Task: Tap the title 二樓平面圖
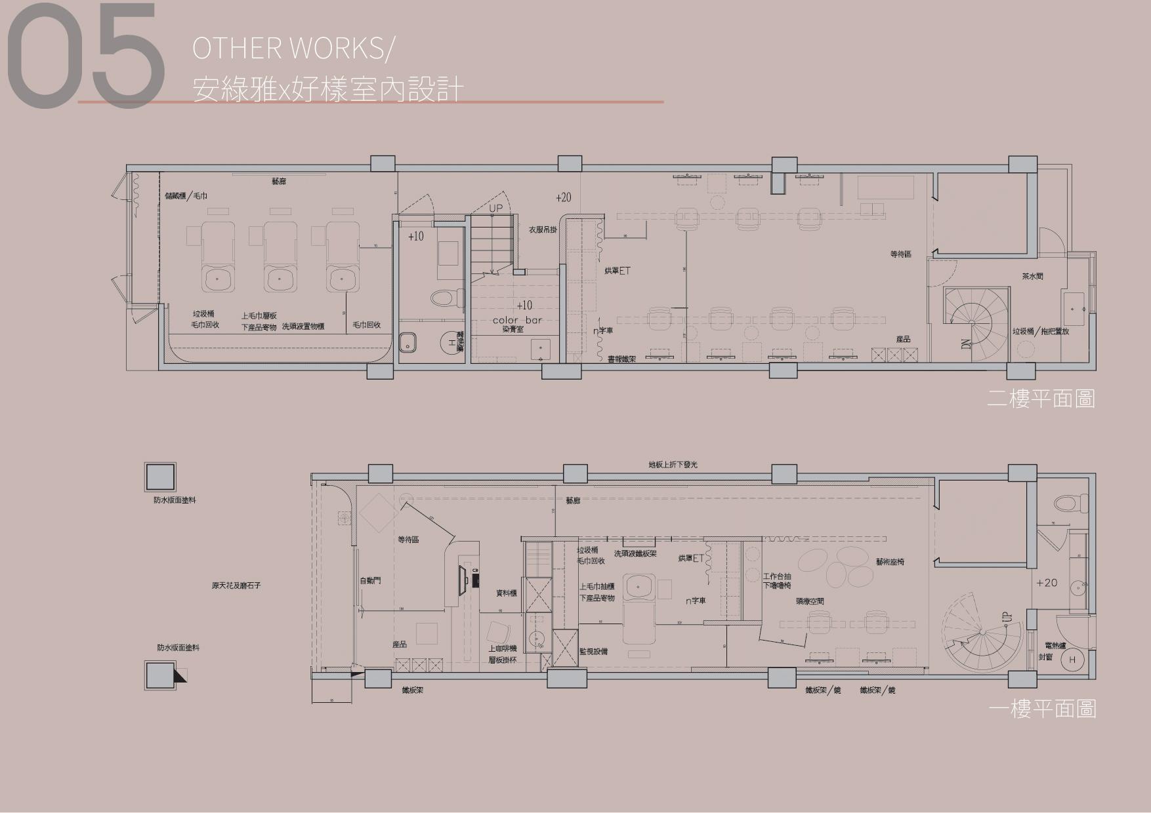1041,399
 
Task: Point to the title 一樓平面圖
1042,709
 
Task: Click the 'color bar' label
518,320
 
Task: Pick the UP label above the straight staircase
496,208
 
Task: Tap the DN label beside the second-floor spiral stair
965,342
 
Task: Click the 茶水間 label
1032,277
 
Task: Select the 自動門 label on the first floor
370,581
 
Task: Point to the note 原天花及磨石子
236,585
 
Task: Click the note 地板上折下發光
673,465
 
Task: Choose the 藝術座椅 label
890,562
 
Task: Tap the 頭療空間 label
810,601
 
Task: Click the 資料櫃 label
507,593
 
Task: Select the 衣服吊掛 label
543,230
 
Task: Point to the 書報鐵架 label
621,359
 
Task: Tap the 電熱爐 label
1055,646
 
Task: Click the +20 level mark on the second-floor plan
563,197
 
